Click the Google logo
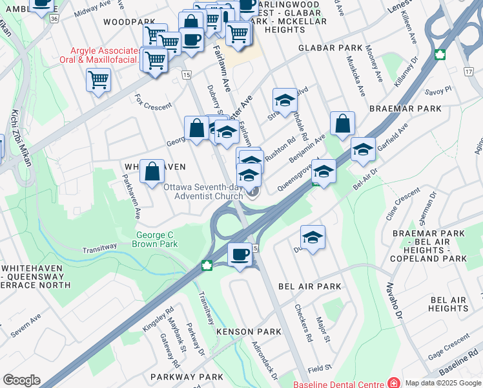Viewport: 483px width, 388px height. [21, 380]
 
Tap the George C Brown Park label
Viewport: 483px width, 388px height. [155, 239]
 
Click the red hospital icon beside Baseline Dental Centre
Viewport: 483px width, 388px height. [392, 383]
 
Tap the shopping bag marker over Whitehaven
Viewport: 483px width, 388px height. [152, 172]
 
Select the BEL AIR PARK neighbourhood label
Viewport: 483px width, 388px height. [309, 286]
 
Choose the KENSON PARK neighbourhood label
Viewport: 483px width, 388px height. [249, 332]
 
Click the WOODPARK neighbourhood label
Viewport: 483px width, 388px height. [126, 21]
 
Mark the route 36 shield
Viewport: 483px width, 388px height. [55, 19]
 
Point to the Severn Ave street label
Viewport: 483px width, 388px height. [26, 326]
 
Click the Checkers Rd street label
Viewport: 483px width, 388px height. [302, 323]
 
